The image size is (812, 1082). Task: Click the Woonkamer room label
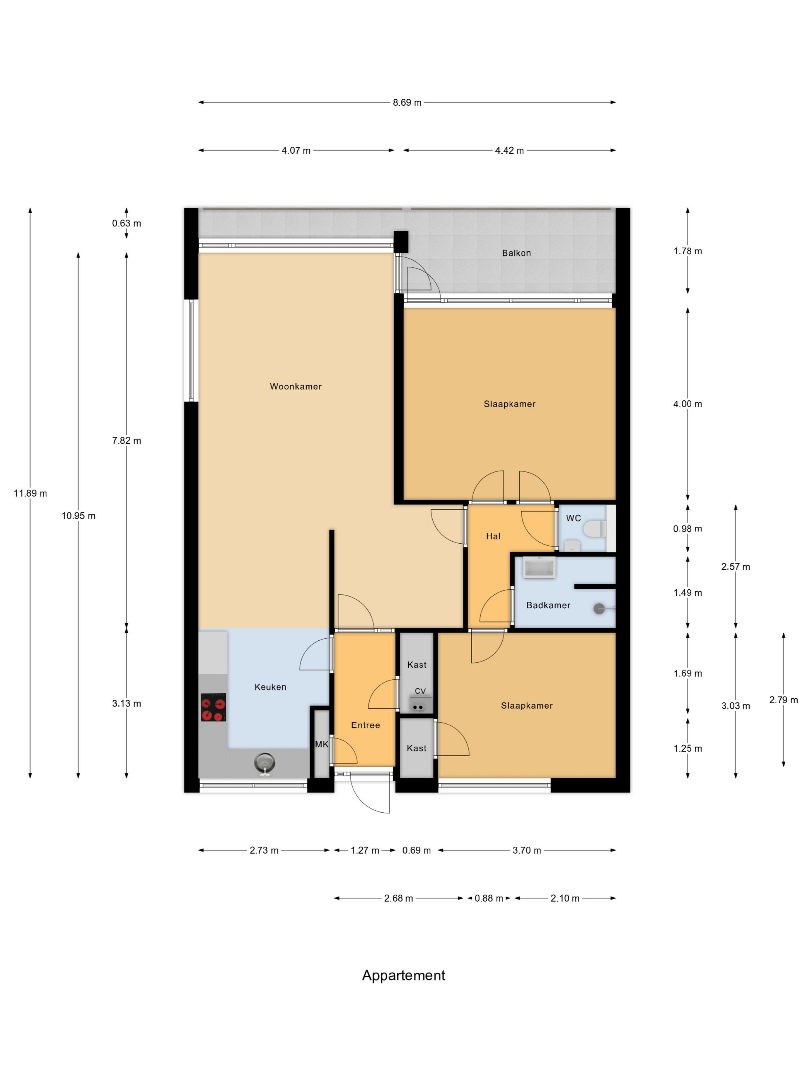(296, 386)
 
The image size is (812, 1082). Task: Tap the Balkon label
(516, 253)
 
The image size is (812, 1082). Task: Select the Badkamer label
(548, 605)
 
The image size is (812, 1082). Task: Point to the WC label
(573, 518)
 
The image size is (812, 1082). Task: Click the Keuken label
(270, 687)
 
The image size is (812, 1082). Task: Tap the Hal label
(493, 536)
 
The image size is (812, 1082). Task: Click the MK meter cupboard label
(322, 744)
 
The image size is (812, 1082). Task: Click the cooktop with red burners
(213, 707)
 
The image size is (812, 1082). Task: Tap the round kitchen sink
(264, 762)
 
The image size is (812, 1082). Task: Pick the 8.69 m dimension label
(407, 103)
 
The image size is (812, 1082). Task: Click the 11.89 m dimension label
(30, 493)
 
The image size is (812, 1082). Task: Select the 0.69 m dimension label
(416, 850)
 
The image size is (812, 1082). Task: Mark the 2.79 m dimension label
(783, 700)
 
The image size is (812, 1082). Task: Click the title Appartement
(403, 975)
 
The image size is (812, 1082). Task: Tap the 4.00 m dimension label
(687, 404)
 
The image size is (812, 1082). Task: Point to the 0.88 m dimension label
(488, 898)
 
